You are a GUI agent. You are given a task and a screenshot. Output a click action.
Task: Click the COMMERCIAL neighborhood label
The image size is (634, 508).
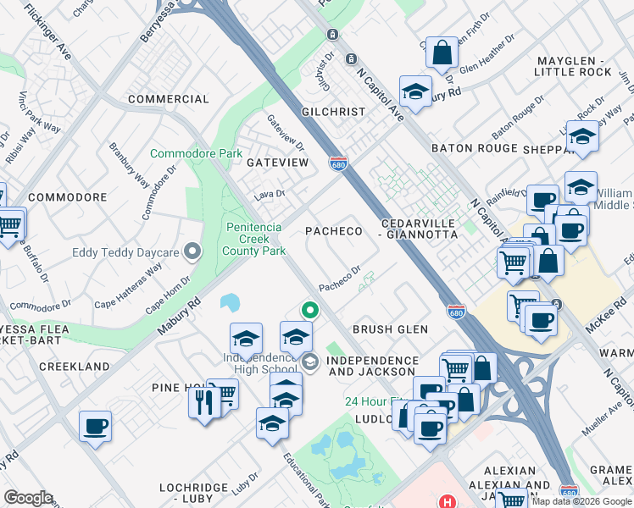[168, 99]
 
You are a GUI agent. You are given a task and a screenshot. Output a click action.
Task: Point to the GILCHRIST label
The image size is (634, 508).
[333, 112]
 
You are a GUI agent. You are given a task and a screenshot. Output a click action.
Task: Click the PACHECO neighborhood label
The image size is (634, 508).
[334, 231]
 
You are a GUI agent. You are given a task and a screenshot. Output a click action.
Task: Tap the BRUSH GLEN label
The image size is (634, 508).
[391, 329]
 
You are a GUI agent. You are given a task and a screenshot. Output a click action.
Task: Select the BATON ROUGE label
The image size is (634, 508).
[474, 148]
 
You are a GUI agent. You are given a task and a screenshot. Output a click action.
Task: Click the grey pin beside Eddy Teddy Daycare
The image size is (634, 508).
[192, 251]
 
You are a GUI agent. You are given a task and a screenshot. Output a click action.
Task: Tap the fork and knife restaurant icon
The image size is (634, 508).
[203, 400]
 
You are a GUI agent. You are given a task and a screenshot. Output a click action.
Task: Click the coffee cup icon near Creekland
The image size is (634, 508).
[95, 425]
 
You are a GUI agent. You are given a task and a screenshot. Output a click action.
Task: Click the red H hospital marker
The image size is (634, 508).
[447, 501]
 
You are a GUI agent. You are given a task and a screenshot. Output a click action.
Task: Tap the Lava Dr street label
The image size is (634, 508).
[269, 194]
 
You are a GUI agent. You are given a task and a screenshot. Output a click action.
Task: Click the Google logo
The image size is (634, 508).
[28, 498]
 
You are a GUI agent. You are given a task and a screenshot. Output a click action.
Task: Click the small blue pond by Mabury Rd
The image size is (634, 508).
[229, 302]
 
